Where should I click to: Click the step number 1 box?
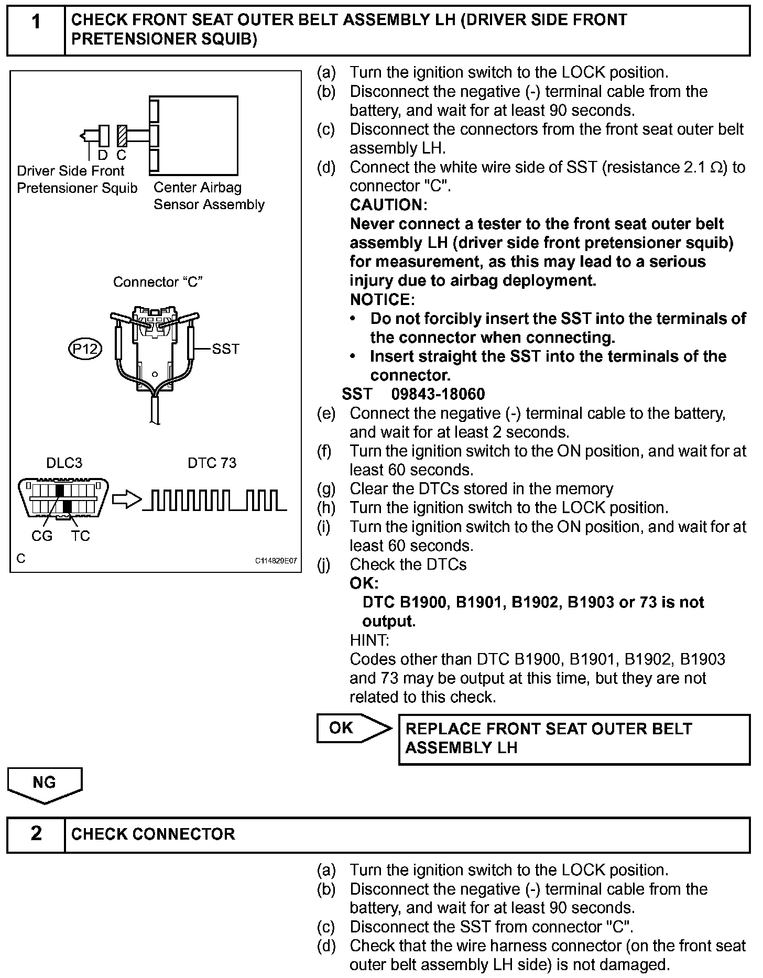tap(36, 30)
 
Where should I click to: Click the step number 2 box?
tap(36, 834)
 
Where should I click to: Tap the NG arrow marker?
tap(45, 784)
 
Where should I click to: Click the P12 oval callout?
tap(85, 349)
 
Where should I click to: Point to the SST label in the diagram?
tap(225, 349)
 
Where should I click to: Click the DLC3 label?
tap(64, 463)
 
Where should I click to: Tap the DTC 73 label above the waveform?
tap(212, 463)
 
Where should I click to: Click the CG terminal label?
tap(42, 536)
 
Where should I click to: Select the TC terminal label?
tap(81, 536)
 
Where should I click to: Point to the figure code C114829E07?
tap(276, 561)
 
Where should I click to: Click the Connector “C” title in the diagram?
tap(158, 282)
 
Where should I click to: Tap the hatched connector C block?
tap(122, 136)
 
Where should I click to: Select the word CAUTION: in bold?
tap(388, 205)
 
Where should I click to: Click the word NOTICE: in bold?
tap(382, 300)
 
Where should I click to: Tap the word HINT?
tap(369, 640)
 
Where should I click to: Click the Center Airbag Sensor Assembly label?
tap(209, 196)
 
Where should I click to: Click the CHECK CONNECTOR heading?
tap(153, 834)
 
